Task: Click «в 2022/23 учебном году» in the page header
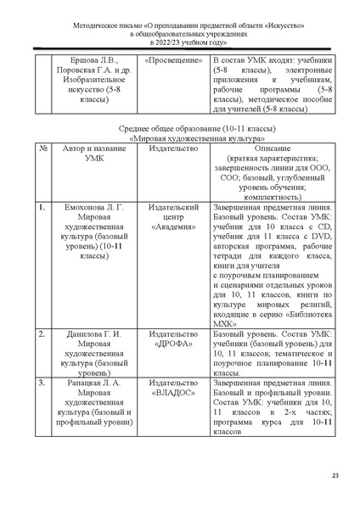pyautogui.click(x=180, y=40)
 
